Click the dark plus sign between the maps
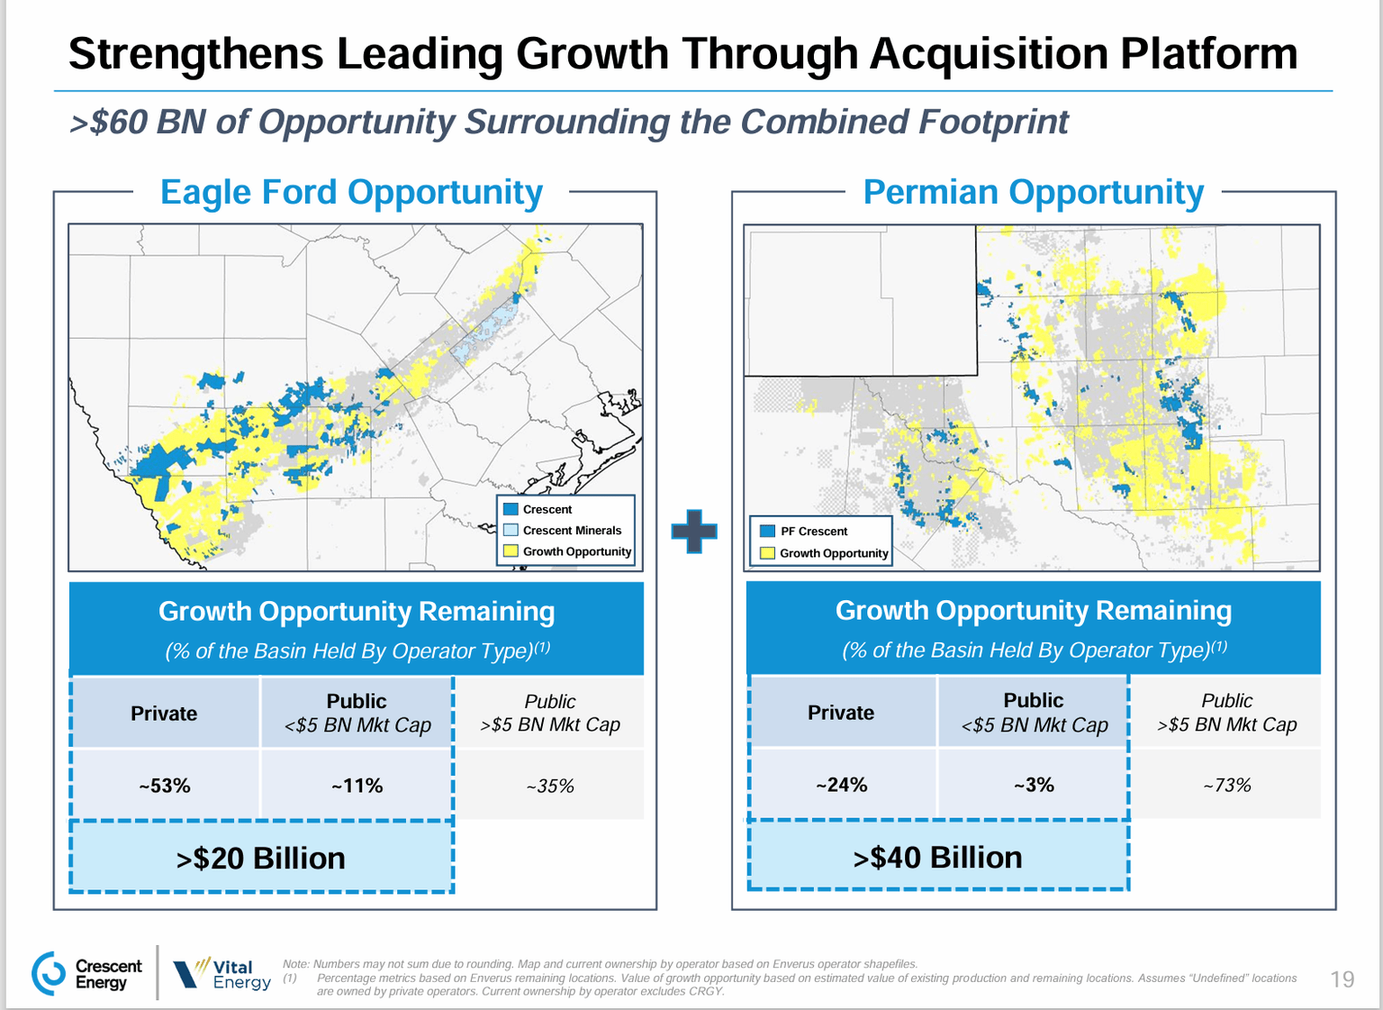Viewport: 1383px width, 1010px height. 694,531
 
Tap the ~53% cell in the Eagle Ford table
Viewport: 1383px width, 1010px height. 165,786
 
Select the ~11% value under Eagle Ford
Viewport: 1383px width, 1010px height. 357,786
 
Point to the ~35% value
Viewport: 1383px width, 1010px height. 550,786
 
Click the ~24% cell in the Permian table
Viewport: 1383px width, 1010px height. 841,785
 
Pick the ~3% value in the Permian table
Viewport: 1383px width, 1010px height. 1034,785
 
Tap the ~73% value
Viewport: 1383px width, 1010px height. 1226,785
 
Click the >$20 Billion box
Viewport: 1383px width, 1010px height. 261,858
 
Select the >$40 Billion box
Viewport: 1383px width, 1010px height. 937,857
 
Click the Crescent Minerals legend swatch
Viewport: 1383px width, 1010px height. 511,530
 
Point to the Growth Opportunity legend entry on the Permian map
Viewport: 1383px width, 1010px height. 824,553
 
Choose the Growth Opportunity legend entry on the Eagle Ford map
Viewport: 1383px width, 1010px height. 568,551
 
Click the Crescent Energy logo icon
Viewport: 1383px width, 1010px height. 49,973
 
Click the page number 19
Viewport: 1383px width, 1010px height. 1342,978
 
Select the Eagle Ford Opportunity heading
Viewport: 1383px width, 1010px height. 351,192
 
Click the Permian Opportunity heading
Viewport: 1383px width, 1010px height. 1033,192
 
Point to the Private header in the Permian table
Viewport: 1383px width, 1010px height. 841,713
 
